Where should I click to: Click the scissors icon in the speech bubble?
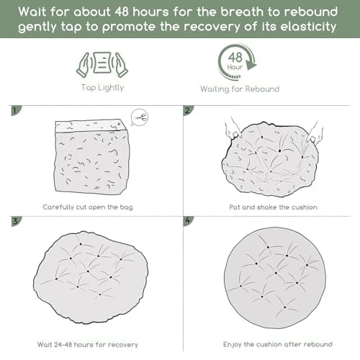point(140,117)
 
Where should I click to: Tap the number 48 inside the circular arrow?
point(235,58)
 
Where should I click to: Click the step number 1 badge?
point(16,110)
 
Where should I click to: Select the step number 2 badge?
point(188,110)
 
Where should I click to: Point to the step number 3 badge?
point(16,221)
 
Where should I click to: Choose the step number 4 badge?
point(188,221)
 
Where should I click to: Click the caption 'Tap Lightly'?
point(102,88)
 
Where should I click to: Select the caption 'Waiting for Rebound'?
point(240,89)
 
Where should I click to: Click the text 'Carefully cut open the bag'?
point(88,207)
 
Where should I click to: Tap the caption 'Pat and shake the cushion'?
point(273,207)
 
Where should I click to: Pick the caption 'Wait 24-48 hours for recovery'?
point(88,345)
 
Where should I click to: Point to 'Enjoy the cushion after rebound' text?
point(278,344)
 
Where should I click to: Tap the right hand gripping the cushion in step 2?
point(315,135)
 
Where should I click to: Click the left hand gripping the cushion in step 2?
point(233,130)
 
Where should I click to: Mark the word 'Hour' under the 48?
point(235,67)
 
